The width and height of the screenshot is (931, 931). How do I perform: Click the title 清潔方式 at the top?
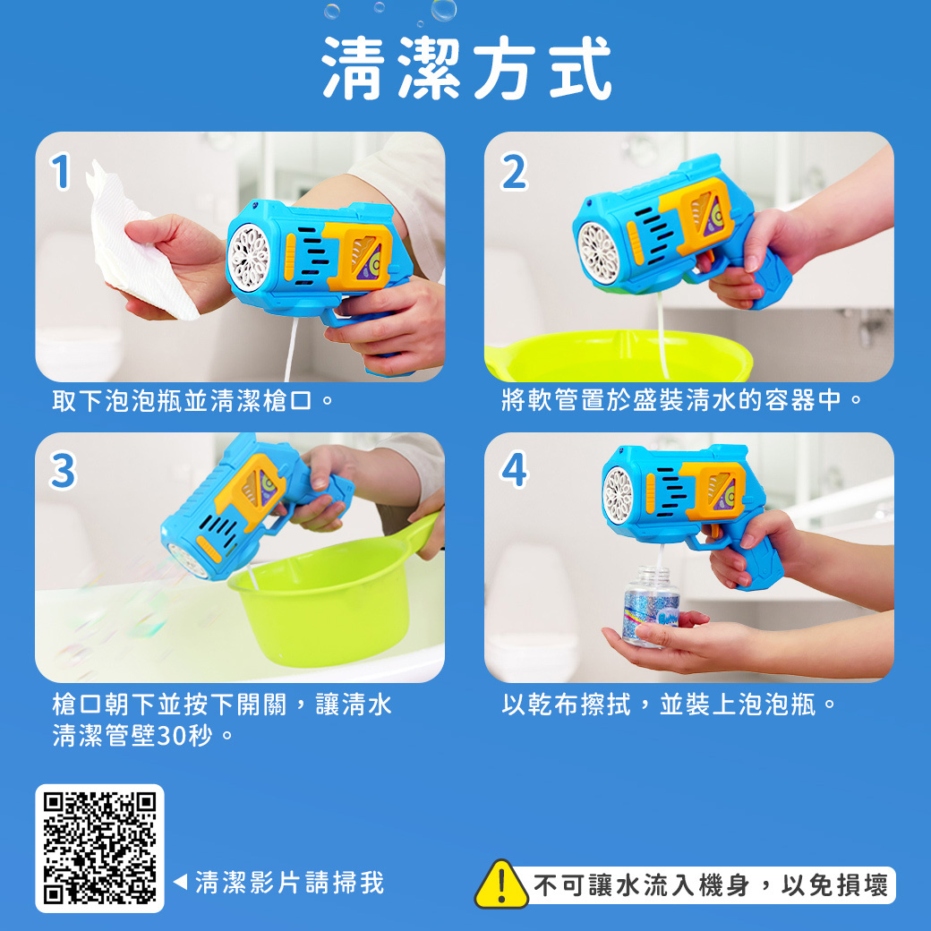pos(467,69)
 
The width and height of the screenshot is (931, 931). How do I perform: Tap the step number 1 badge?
pos(60,173)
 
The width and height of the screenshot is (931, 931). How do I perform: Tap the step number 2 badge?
pos(513,173)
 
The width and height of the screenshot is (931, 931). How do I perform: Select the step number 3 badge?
pos(62,471)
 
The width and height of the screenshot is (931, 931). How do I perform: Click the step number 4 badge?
pos(514,471)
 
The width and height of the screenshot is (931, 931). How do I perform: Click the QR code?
pos(99,848)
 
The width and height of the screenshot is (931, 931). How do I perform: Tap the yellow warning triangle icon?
pos(501,884)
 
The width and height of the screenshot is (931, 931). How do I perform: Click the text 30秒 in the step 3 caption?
pos(188,737)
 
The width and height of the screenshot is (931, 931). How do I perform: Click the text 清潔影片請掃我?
pos(289,883)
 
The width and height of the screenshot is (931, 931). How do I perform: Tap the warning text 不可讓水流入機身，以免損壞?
pos(712,885)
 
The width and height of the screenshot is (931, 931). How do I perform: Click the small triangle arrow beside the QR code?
pos(179,884)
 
